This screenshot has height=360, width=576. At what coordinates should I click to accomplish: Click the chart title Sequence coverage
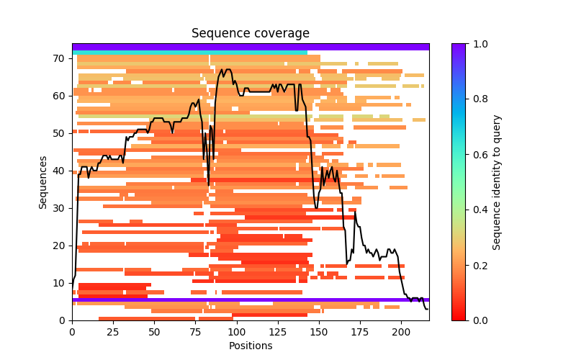coord(250,34)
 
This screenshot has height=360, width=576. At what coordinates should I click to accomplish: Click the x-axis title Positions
coord(250,346)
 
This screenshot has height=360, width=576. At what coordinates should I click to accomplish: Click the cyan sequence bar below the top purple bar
coord(189,52)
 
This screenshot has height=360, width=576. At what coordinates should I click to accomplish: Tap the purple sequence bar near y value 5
coord(250,300)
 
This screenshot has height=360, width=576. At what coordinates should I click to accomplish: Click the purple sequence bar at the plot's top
coord(250,47)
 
